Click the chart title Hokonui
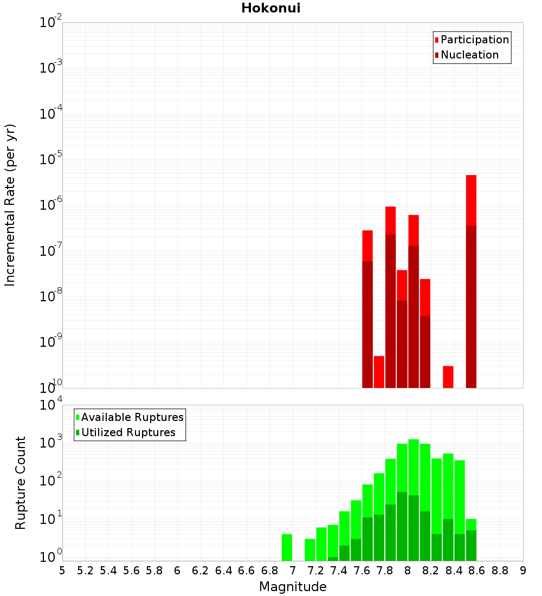point(270,8)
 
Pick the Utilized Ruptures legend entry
point(128,432)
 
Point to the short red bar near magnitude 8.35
point(448,377)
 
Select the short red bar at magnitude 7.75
point(379,371)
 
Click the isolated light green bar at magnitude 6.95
point(287,547)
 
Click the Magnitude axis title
point(293,587)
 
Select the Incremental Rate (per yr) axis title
point(10,205)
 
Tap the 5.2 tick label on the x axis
point(85,571)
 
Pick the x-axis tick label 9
point(523,571)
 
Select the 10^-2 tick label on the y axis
point(50,23)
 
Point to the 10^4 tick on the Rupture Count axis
point(50,405)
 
